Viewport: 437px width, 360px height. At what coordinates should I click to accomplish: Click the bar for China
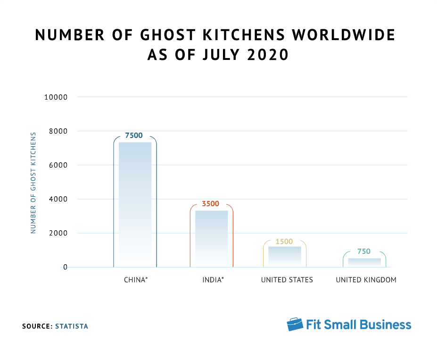click(x=135, y=204)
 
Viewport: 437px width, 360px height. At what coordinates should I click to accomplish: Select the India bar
click(x=211, y=239)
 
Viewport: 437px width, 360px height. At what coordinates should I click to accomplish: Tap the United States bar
click(x=285, y=256)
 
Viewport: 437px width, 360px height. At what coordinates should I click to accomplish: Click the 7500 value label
click(x=134, y=135)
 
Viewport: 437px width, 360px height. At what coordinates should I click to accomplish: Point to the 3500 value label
click(x=211, y=204)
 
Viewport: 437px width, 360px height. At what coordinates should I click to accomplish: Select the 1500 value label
click(x=284, y=241)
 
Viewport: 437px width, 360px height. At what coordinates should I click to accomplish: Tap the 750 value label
click(x=363, y=251)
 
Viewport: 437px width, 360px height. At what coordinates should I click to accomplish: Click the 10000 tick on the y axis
click(x=56, y=97)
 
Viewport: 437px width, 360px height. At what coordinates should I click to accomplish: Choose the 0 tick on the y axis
click(x=65, y=267)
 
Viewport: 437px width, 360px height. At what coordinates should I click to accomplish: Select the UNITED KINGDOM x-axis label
click(x=366, y=280)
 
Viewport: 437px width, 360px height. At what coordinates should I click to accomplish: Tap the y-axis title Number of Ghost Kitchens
click(x=33, y=183)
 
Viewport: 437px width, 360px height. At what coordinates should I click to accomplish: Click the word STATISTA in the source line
click(x=72, y=326)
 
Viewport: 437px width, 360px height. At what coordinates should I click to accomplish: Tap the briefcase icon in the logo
click(x=295, y=324)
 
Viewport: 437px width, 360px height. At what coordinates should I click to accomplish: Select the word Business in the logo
click(x=385, y=325)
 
